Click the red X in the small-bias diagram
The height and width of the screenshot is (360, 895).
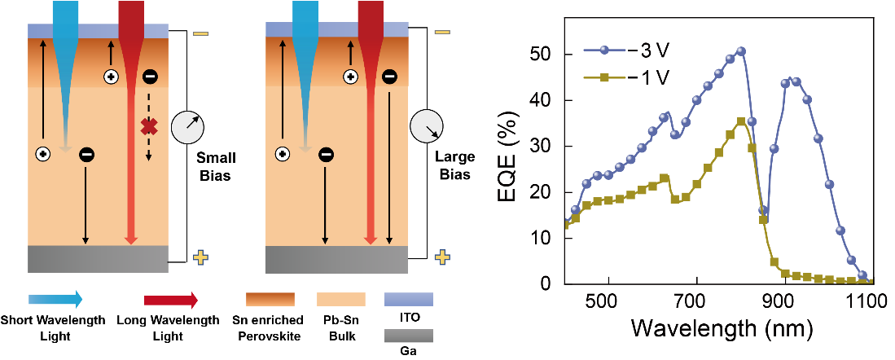tap(148, 126)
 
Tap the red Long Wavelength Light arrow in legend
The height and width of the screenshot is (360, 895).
tap(170, 299)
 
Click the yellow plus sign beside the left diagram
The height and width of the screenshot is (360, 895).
tap(200, 257)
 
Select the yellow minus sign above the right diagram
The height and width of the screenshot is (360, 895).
tap(442, 33)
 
